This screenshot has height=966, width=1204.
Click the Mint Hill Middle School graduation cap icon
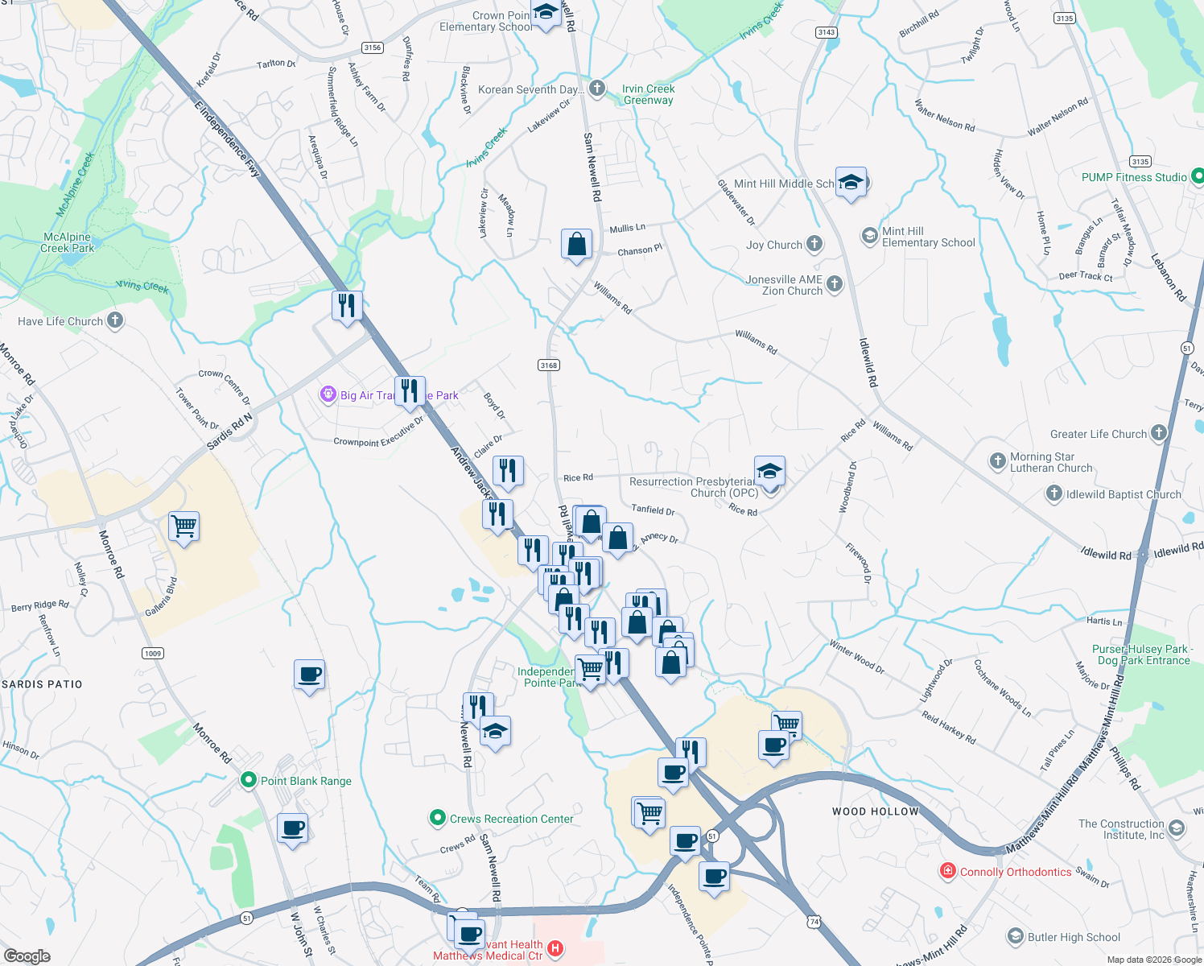pyautogui.click(x=851, y=183)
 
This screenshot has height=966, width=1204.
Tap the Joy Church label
pyautogui.click(x=773, y=245)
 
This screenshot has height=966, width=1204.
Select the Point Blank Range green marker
pyautogui.click(x=249, y=780)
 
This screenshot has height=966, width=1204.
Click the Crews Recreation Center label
pyautogui.click(x=511, y=819)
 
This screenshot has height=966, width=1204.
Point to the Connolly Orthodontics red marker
pyautogui.click(x=948, y=871)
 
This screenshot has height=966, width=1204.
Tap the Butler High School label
pyautogui.click(x=1074, y=937)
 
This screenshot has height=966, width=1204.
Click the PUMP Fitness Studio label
pyautogui.click(x=1134, y=177)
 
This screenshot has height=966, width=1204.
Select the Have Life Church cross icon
pyautogui.click(x=115, y=320)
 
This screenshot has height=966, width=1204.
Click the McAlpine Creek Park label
pyautogui.click(x=67, y=242)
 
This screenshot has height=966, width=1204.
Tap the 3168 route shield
pyautogui.click(x=549, y=365)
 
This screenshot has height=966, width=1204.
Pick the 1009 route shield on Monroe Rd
pyautogui.click(x=153, y=653)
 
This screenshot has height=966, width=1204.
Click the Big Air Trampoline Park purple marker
pyautogui.click(x=328, y=394)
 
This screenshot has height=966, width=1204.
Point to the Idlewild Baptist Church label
pyautogui.click(x=1124, y=494)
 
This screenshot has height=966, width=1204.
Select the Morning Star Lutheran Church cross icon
pyautogui.click(x=997, y=461)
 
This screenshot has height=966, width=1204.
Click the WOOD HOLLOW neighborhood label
pyautogui.click(x=875, y=811)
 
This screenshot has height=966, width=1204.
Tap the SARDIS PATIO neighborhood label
pyautogui.click(x=42, y=684)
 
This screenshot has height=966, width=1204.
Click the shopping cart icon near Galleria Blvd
pyautogui.click(x=184, y=526)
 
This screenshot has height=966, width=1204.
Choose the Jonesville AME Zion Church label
pyautogui.click(x=784, y=285)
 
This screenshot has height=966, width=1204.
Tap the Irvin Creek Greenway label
pyautogui.click(x=648, y=94)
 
